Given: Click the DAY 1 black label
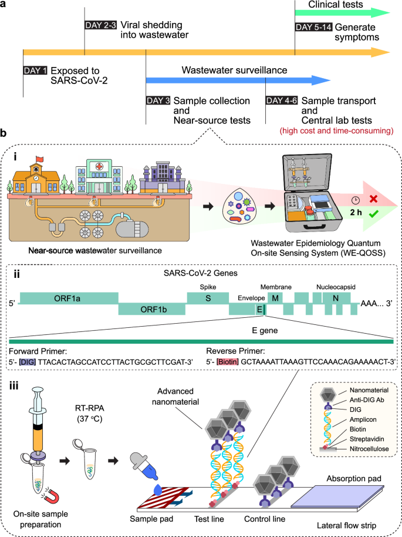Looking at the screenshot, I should pos(35,70).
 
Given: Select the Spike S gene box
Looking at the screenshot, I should pos(208,298).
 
